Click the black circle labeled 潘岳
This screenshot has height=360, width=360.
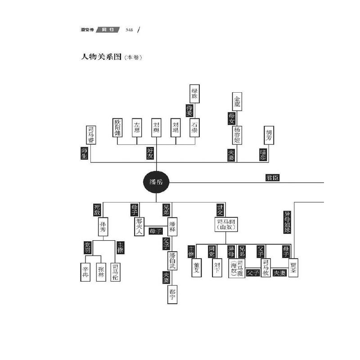click(x=156, y=182)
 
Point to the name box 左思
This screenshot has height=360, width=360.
click(x=137, y=128)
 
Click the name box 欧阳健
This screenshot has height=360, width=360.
click(x=117, y=128)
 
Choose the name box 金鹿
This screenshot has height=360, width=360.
click(x=238, y=102)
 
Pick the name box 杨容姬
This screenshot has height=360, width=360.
click(x=238, y=135)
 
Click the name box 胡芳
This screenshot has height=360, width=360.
click(x=269, y=135)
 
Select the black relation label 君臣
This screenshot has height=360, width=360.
click(x=272, y=178)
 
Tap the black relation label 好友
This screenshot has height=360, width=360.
click(x=150, y=154)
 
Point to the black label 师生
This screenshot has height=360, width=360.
click(x=84, y=154)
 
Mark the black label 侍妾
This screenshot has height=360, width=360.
click(x=189, y=111)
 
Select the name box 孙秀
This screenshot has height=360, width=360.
click(x=102, y=228)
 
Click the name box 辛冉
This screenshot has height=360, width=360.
click(x=86, y=272)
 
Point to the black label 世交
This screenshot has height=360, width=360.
click(x=220, y=210)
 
